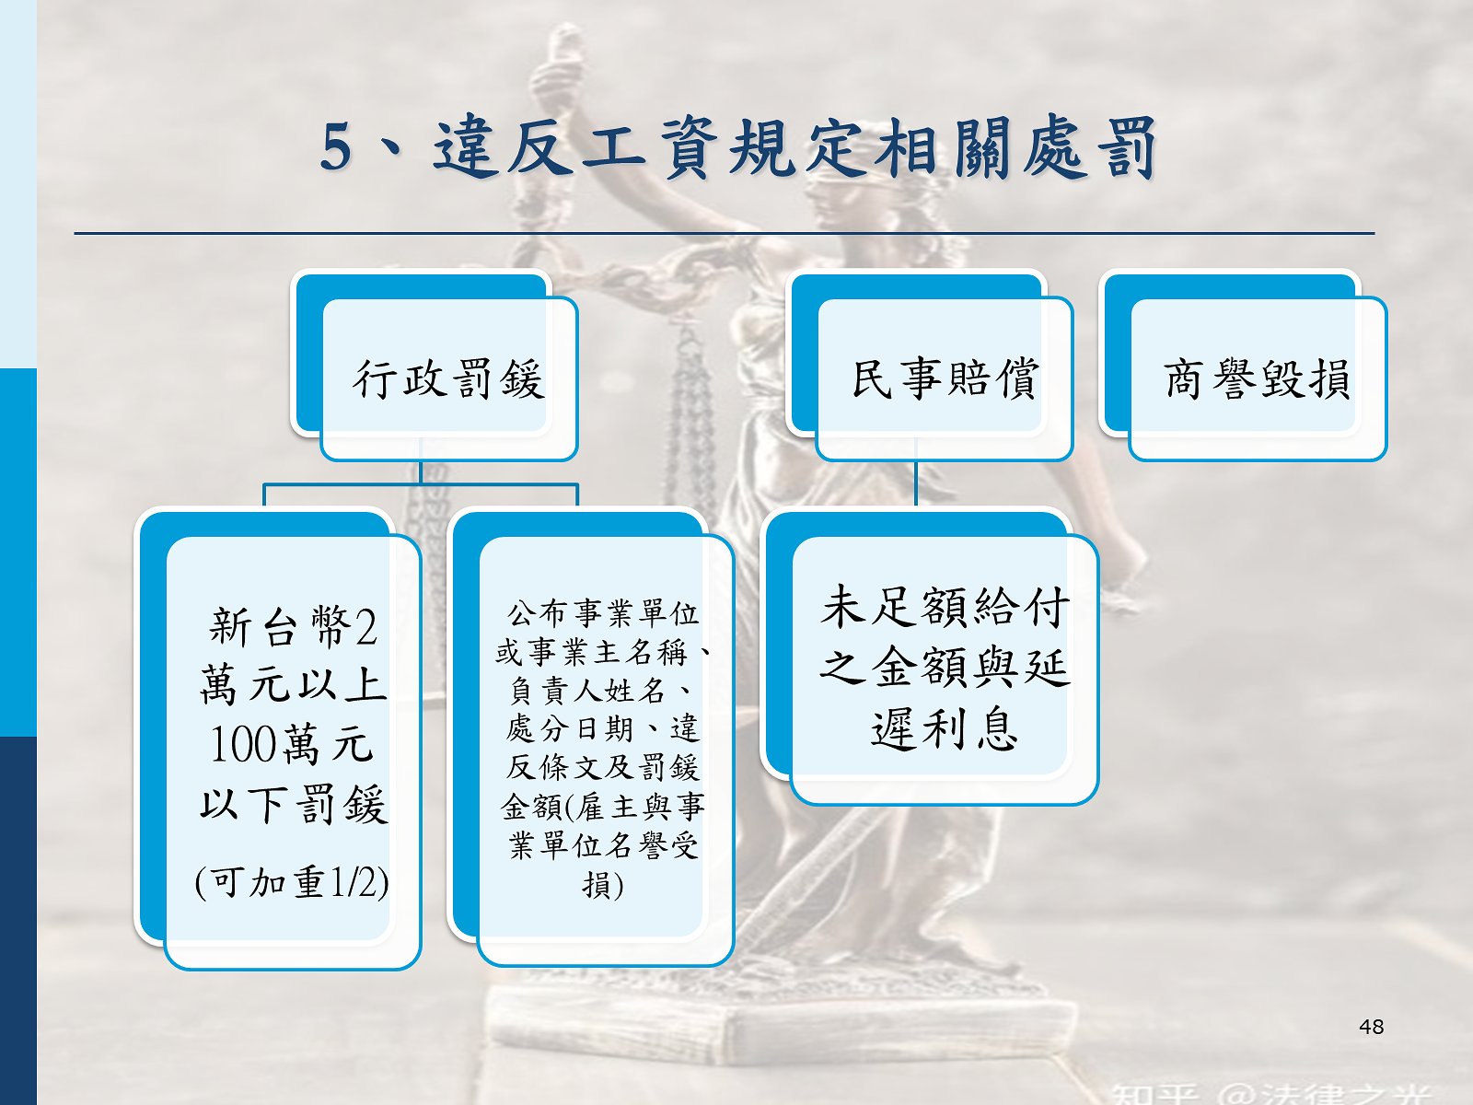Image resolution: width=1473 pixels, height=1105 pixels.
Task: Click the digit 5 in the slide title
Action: pyautogui.click(x=335, y=147)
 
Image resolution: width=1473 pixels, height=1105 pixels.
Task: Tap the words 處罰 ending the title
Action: pyautogui.click(x=1090, y=147)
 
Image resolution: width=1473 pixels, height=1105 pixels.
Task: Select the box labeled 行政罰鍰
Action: pyautogui.click(x=435, y=366)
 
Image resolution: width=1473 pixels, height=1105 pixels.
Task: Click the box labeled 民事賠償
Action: pyautogui.click(x=930, y=366)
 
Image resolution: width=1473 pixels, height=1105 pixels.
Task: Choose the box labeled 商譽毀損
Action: pyautogui.click(x=1243, y=366)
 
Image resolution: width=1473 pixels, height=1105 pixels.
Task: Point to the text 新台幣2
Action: pyautogui.click(x=294, y=626)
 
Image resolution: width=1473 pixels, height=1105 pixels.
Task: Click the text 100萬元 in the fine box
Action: pyautogui.click(x=292, y=745)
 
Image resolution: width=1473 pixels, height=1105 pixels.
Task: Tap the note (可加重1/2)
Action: pyautogui.click(x=292, y=881)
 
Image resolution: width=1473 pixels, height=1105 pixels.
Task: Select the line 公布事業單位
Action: pyautogui.click(x=603, y=613)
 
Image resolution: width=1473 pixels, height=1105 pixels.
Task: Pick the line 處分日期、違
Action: pyautogui.click(x=603, y=728)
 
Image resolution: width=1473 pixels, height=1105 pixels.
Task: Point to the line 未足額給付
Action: pyautogui.click(x=945, y=607)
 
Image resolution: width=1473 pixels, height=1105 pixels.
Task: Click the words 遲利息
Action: pyautogui.click(x=945, y=729)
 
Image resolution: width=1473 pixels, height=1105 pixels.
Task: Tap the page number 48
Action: pyautogui.click(x=1371, y=1027)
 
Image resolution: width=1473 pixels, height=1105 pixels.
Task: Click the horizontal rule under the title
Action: pyautogui.click(x=725, y=234)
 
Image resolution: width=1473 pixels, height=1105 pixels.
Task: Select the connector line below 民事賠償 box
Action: pyautogui.click(x=916, y=483)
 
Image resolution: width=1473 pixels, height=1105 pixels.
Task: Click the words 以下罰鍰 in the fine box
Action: pyautogui.click(x=294, y=804)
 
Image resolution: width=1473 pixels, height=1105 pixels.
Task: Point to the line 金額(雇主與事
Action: pyautogui.click(x=603, y=807)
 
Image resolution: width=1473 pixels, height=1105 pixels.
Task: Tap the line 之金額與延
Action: pyautogui.click(x=945, y=669)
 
